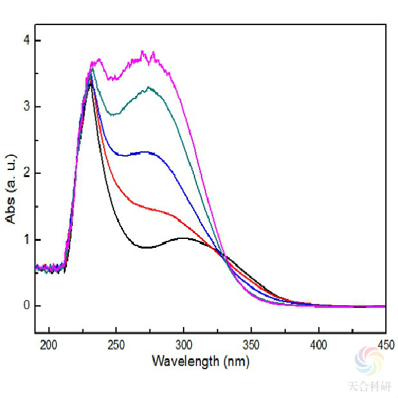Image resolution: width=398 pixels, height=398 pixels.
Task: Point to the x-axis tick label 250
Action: click(116, 346)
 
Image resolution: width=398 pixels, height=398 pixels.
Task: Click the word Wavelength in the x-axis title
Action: click(185, 361)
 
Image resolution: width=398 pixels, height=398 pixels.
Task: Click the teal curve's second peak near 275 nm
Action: click(149, 88)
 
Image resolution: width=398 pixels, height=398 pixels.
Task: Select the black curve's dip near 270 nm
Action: click(146, 247)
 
